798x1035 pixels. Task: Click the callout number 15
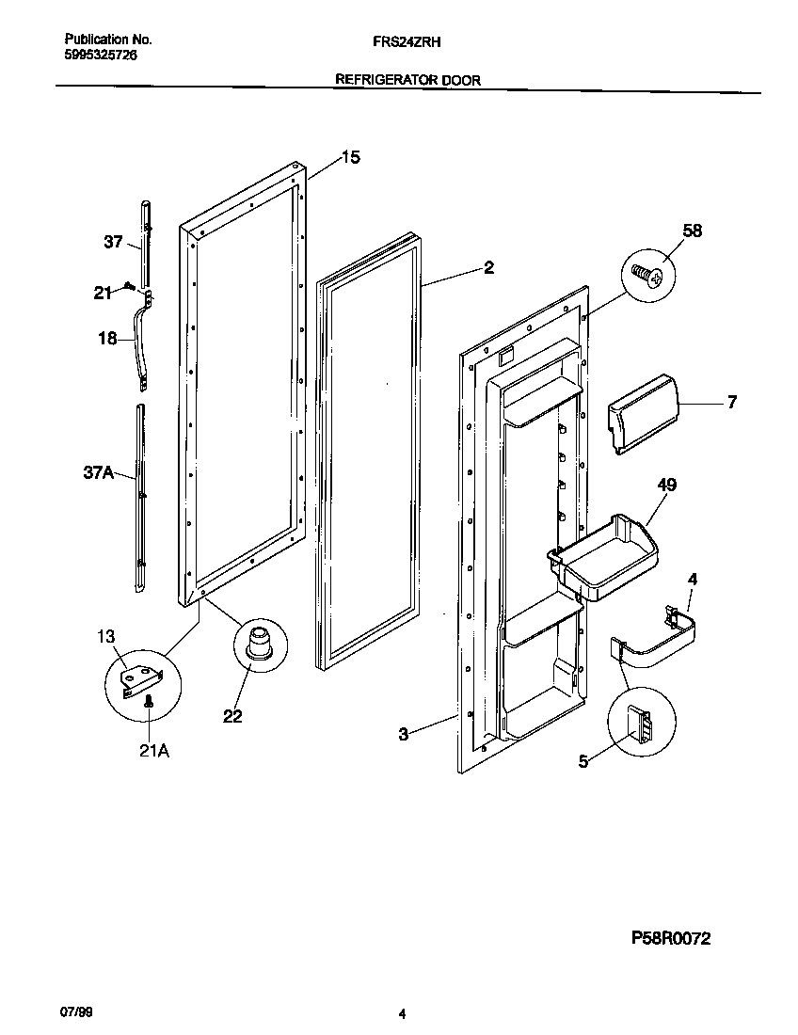(x=350, y=158)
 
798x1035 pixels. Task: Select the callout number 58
(x=692, y=231)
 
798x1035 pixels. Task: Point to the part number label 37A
(x=98, y=473)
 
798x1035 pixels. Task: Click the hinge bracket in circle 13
(x=143, y=676)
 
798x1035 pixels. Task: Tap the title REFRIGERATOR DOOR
(x=408, y=81)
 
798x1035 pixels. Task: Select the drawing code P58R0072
(x=670, y=938)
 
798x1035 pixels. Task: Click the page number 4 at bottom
(x=402, y=1014)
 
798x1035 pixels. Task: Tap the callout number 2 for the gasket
(x=488, y=267)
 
